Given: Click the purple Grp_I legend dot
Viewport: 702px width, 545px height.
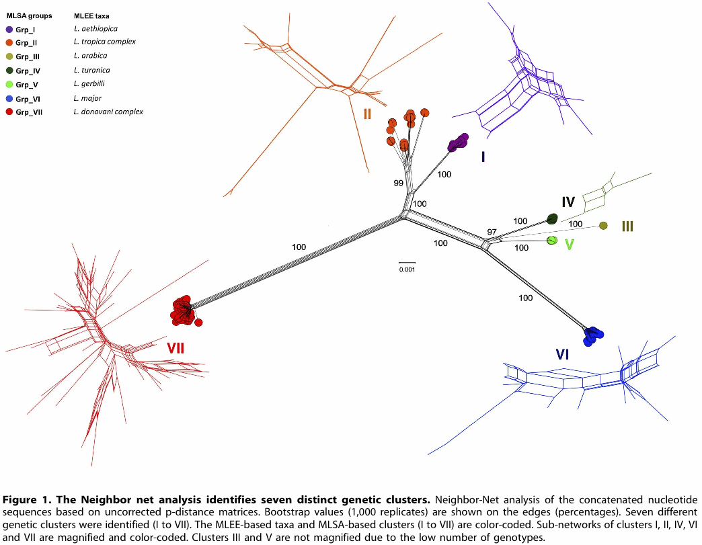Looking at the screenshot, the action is pyautogui.click(x=9, y=30).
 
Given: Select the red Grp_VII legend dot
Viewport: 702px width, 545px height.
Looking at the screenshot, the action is pyautogui.click(x=9, y=112).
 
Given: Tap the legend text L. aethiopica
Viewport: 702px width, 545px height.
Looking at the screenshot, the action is pyautogui.click(x=95, y=29).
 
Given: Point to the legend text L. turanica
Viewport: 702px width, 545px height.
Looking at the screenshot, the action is pyautogui.click(x=91, y=70).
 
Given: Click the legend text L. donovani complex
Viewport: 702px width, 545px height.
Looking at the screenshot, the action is pyautogui.click(x=108, y=112).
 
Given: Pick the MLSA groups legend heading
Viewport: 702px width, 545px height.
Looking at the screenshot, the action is pyautogui.click(x=29, y=15).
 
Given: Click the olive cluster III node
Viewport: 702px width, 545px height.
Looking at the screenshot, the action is pyautogui.click(x=603, y=226).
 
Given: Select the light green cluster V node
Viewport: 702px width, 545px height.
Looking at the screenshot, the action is pyautogui.click(x=553, y=241).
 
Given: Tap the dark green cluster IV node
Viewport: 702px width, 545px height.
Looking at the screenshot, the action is pyautogui.click(x=553, y=218).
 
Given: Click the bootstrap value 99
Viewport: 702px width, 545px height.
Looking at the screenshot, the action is pyautogui.click(x=399, y=183).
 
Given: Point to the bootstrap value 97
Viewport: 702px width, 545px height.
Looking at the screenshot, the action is pyautogui.click(x=492, y=232).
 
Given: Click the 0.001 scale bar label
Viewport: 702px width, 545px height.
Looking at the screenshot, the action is pyautogui.click(x=407, y=269).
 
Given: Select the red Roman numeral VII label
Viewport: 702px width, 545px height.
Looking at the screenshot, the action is pyautogui.click(x=175, y=347).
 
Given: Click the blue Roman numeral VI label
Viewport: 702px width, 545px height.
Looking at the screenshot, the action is pyautogui.click(x=562, y=354).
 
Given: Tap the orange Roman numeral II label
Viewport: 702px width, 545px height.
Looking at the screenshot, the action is pyautogui.click(x=367, y=114).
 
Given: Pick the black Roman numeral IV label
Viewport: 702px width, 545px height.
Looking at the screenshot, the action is pyautogui.click(x=568, y=202).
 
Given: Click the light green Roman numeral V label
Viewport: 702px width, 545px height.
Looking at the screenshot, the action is pyautogui.click(x=569, y=245).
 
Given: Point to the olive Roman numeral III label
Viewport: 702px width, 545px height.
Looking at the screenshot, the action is pyautogui.click(x=627, y=226).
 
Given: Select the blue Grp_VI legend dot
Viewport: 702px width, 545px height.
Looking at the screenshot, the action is pyautogui.click(x=9, y=98).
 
